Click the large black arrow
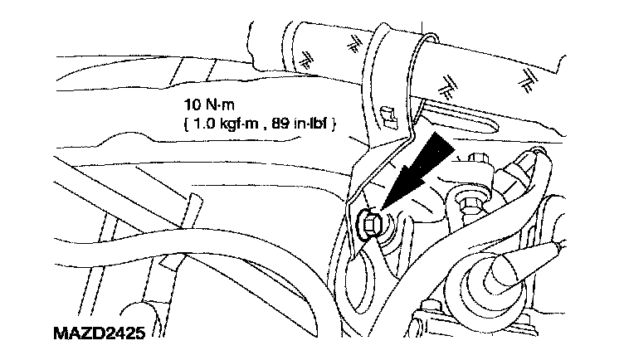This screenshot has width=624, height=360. [415, 178]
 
